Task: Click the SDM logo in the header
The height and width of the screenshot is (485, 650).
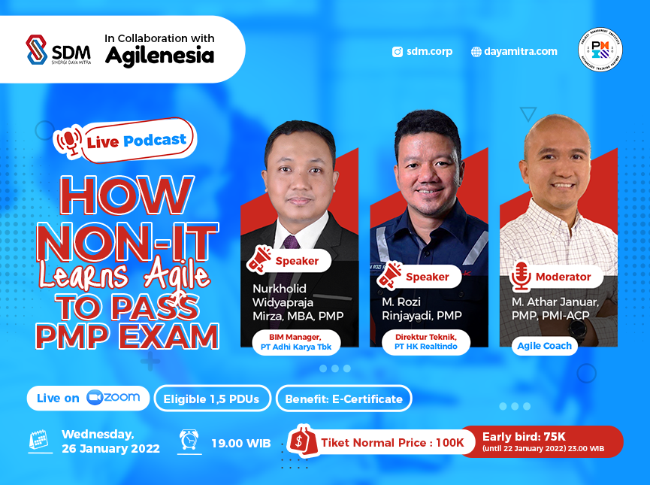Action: tap(59, 50)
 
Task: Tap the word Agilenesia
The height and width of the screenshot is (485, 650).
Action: tap(159, 56)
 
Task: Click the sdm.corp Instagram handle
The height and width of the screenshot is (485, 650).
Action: tap(422, 52)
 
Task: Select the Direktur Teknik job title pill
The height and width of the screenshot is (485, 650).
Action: tap(425, 343)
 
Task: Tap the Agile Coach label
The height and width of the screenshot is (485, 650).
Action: tap(544, 346)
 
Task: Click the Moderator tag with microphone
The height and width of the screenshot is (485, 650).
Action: tap(552, 277)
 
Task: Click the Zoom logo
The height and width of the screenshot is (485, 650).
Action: tap(113, 398)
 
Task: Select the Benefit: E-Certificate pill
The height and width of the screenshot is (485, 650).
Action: tap(343, 399)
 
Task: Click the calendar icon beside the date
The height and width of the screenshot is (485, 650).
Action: tap(38, 441)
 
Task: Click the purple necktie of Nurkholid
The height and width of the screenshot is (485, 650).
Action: tap(290, 243)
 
